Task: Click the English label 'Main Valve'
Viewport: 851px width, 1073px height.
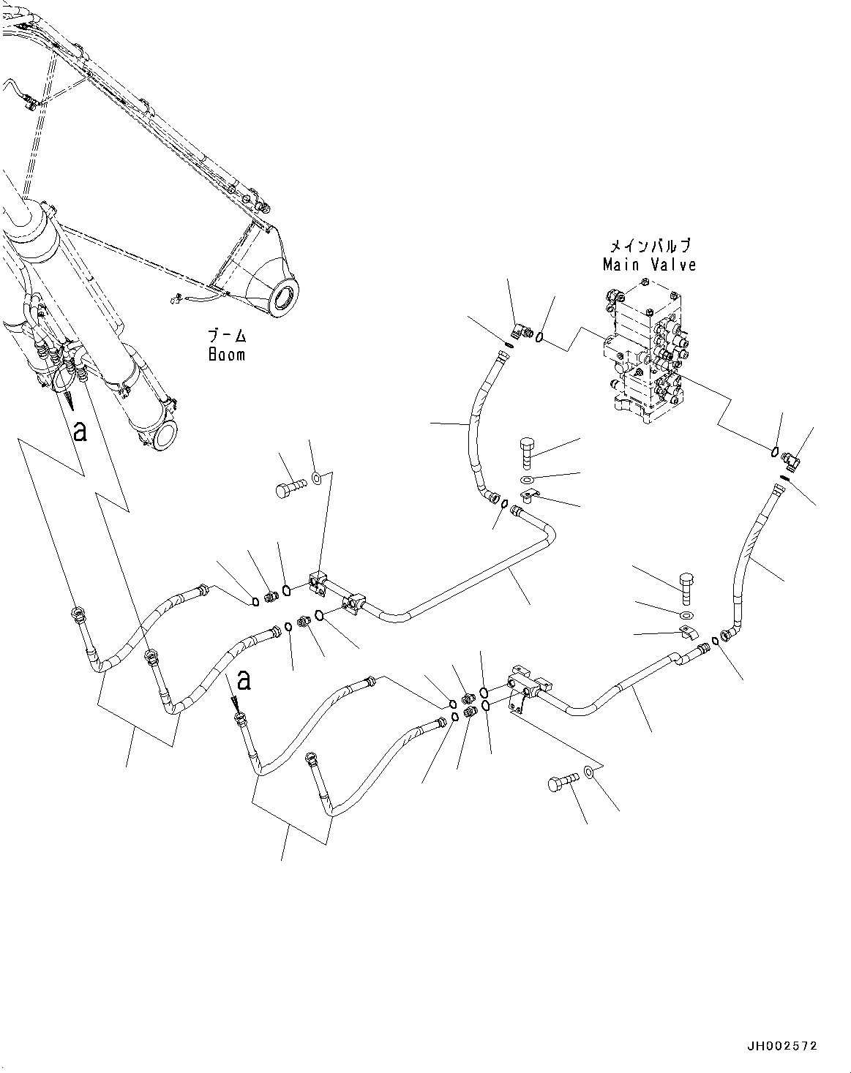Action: (649, 265)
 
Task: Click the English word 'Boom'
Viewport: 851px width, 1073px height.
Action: (226, 355)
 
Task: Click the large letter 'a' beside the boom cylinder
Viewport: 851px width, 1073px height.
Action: (80, 432)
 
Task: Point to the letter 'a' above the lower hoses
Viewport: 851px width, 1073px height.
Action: (244, 680)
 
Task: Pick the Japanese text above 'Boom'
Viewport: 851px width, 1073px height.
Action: (227, 337)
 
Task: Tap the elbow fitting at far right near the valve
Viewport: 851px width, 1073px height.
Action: (791, 459)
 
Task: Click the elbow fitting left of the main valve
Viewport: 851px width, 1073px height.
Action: (522, 333)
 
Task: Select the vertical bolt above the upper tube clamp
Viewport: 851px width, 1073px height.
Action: (528, 452)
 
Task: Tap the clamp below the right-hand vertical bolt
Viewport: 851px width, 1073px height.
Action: (687, 631)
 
